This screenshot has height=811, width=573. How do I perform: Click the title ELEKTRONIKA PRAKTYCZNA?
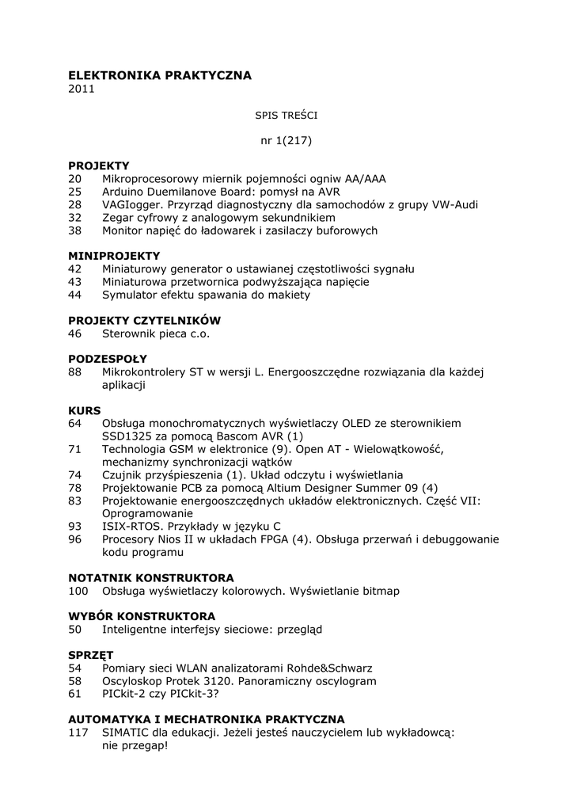tap(160, 75)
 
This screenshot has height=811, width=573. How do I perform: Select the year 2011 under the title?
tap(81, 89)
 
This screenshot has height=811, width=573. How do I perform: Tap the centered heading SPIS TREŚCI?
tap(286, 115)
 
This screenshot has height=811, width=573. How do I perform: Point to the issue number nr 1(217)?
tap(286, 141)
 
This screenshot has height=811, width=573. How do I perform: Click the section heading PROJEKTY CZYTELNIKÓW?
tap(144, 321)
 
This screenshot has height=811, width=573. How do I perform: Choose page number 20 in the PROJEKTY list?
tap(75, 180)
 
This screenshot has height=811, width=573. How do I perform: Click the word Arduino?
tap(123, 192)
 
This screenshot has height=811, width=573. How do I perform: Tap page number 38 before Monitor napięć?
tap(75, 230)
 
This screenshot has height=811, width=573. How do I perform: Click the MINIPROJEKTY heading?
tap(114, 256)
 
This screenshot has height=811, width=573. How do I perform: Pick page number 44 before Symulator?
tap(75, 295)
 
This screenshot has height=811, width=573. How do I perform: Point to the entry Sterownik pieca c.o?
tap(156, 333)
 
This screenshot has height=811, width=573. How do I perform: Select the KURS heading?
tap(85, 410)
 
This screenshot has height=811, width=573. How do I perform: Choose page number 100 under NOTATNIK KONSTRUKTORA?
tap(78, 591)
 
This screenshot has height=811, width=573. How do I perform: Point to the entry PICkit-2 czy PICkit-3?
tap(161, 694)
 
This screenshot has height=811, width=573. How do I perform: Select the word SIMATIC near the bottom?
tap(129, 733)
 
